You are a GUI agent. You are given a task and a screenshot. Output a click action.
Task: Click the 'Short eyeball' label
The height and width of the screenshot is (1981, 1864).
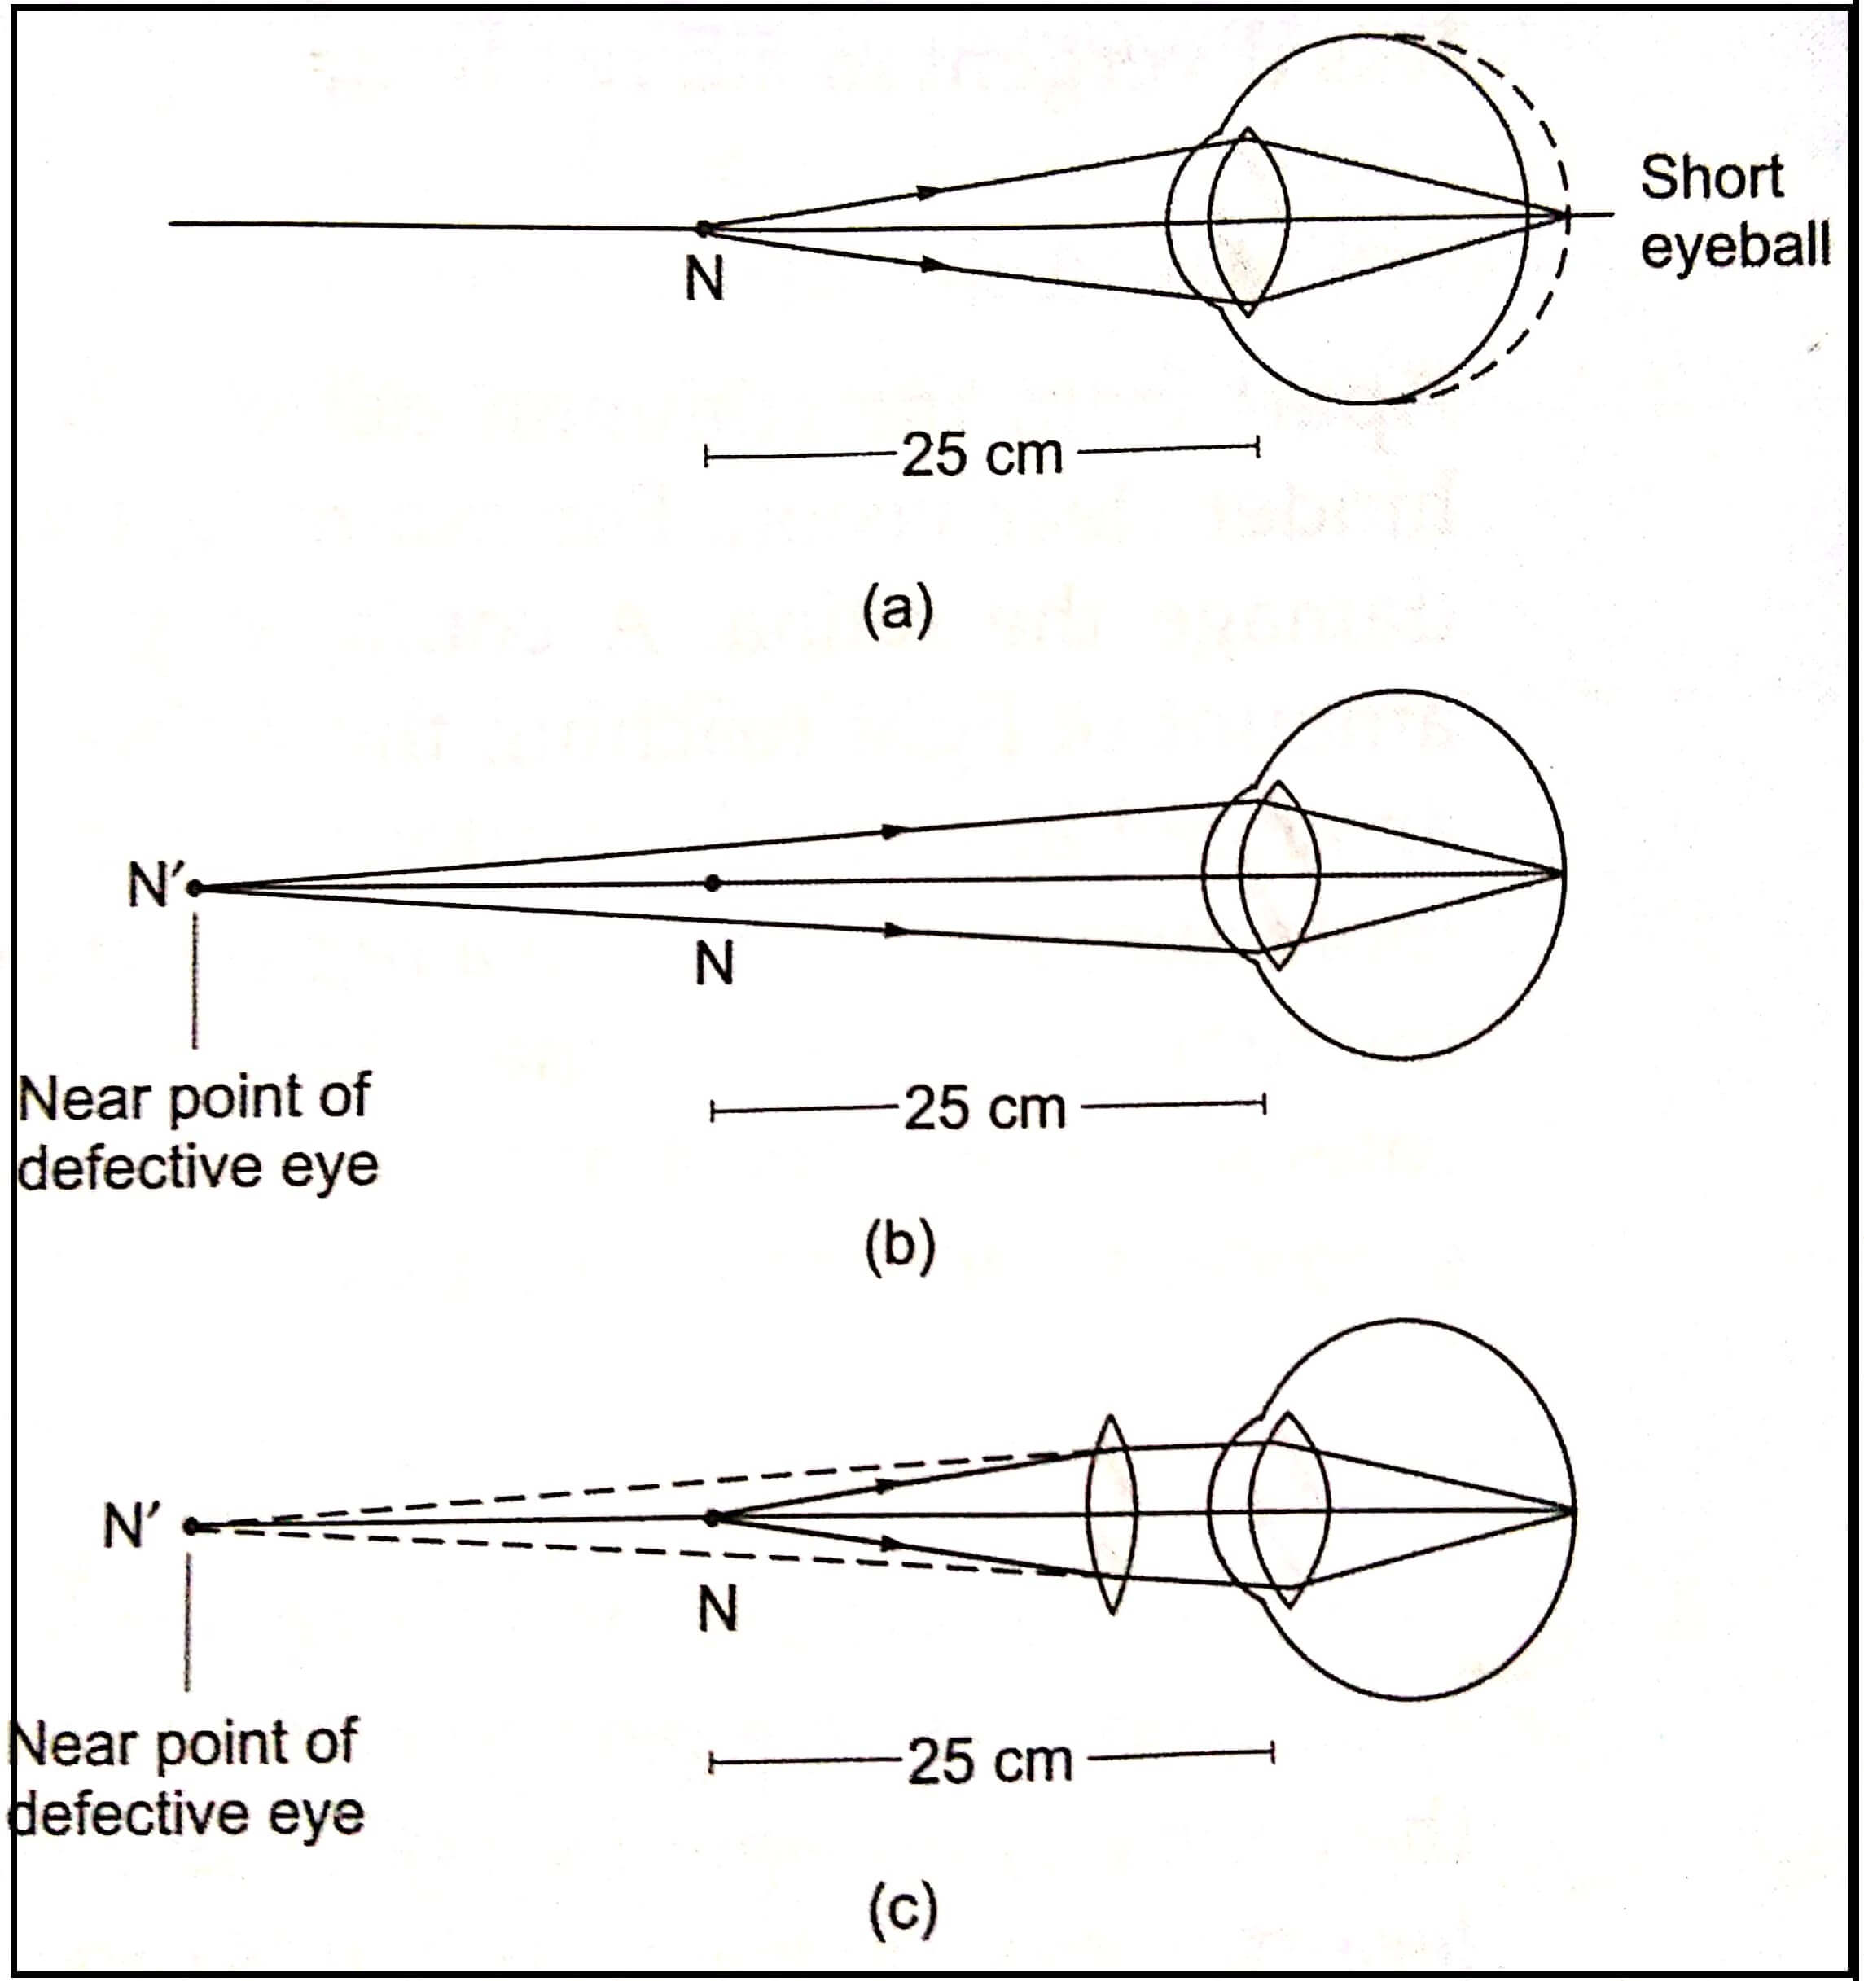[1734, 211]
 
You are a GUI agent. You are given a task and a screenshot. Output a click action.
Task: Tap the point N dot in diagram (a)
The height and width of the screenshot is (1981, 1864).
[704, 228]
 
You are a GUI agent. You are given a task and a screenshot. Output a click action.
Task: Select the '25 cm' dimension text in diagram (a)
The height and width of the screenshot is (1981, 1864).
[982, 455]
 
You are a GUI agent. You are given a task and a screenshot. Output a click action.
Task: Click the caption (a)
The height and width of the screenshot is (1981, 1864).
[898, 608]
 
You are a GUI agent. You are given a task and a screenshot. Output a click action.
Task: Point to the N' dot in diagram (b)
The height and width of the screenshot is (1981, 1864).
[195, 888]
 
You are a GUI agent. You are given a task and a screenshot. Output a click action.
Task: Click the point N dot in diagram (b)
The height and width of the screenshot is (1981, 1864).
[712, 883]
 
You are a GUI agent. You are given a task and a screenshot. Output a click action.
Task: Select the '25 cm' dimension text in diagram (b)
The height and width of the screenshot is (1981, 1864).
[985, 1109]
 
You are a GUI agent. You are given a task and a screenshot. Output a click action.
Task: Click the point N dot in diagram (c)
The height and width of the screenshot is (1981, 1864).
[712, 1519]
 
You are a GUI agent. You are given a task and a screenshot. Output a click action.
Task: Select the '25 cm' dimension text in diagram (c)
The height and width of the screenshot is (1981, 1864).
[989, 1762]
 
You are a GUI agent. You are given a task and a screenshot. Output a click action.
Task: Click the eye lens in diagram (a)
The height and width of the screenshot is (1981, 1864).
[1248, 221]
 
